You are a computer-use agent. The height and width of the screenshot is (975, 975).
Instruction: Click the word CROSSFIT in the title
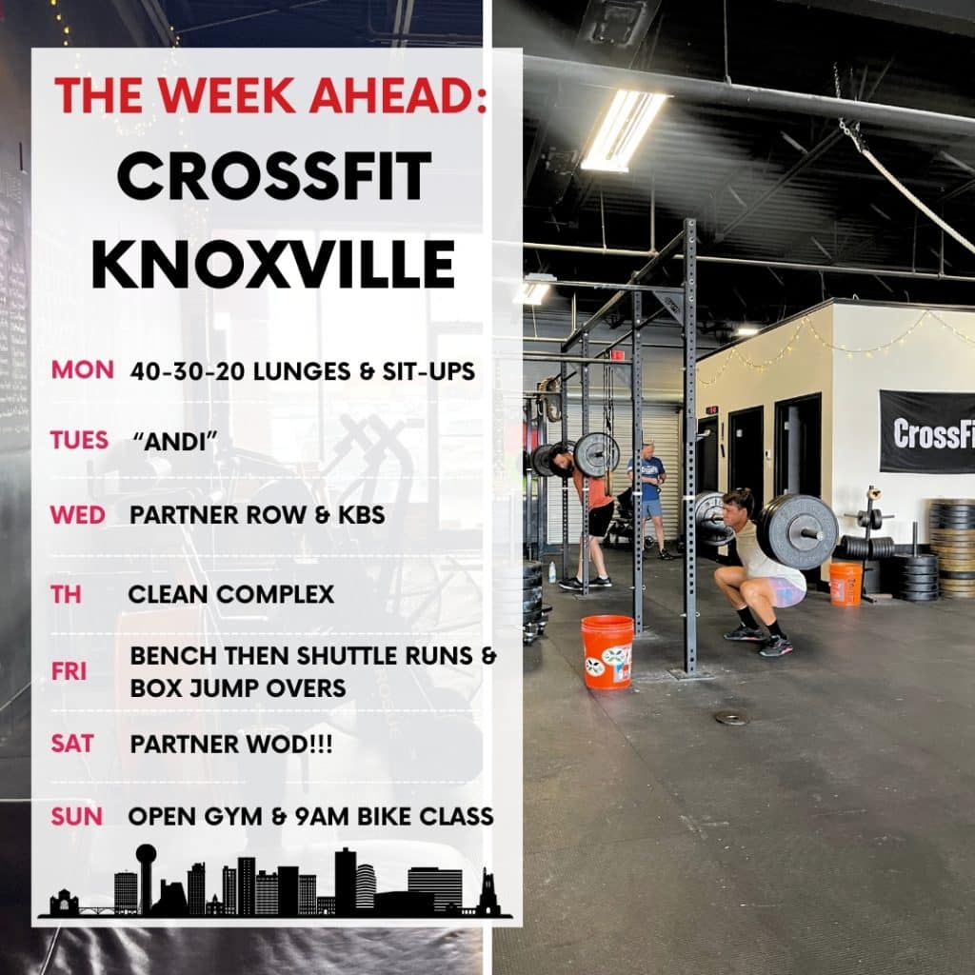tap(274, 175)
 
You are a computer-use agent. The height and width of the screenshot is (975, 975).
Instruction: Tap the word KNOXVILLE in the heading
tap(273, 265)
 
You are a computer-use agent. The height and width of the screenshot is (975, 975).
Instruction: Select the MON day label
tap(82, 370)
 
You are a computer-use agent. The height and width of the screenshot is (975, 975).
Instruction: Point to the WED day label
tap(78, 515)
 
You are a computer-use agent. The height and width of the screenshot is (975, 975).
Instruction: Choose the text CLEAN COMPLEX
tap(231, 594)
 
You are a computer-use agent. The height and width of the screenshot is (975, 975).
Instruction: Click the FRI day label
tap(69, 671)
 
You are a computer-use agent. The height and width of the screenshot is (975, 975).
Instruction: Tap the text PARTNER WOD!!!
tap(231, 745)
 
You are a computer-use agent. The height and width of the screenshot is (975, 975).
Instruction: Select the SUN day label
tap(76, 816)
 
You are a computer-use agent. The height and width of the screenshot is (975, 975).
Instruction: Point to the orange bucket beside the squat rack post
tap(607, 652)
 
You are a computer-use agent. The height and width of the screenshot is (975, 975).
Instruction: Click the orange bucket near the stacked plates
tap(846, 584)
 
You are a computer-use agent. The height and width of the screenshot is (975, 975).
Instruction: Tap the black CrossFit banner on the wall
tap(927, 432)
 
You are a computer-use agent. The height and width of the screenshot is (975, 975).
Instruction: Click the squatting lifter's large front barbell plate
tap(798, 531)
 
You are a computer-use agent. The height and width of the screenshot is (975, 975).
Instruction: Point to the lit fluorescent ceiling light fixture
tap(623, 130)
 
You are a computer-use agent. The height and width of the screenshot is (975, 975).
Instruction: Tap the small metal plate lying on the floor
tap(732, 718)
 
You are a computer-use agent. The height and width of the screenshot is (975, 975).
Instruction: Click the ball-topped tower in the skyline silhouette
tap(146, 877)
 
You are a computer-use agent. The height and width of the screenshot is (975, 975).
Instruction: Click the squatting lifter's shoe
tap(775, 647)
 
